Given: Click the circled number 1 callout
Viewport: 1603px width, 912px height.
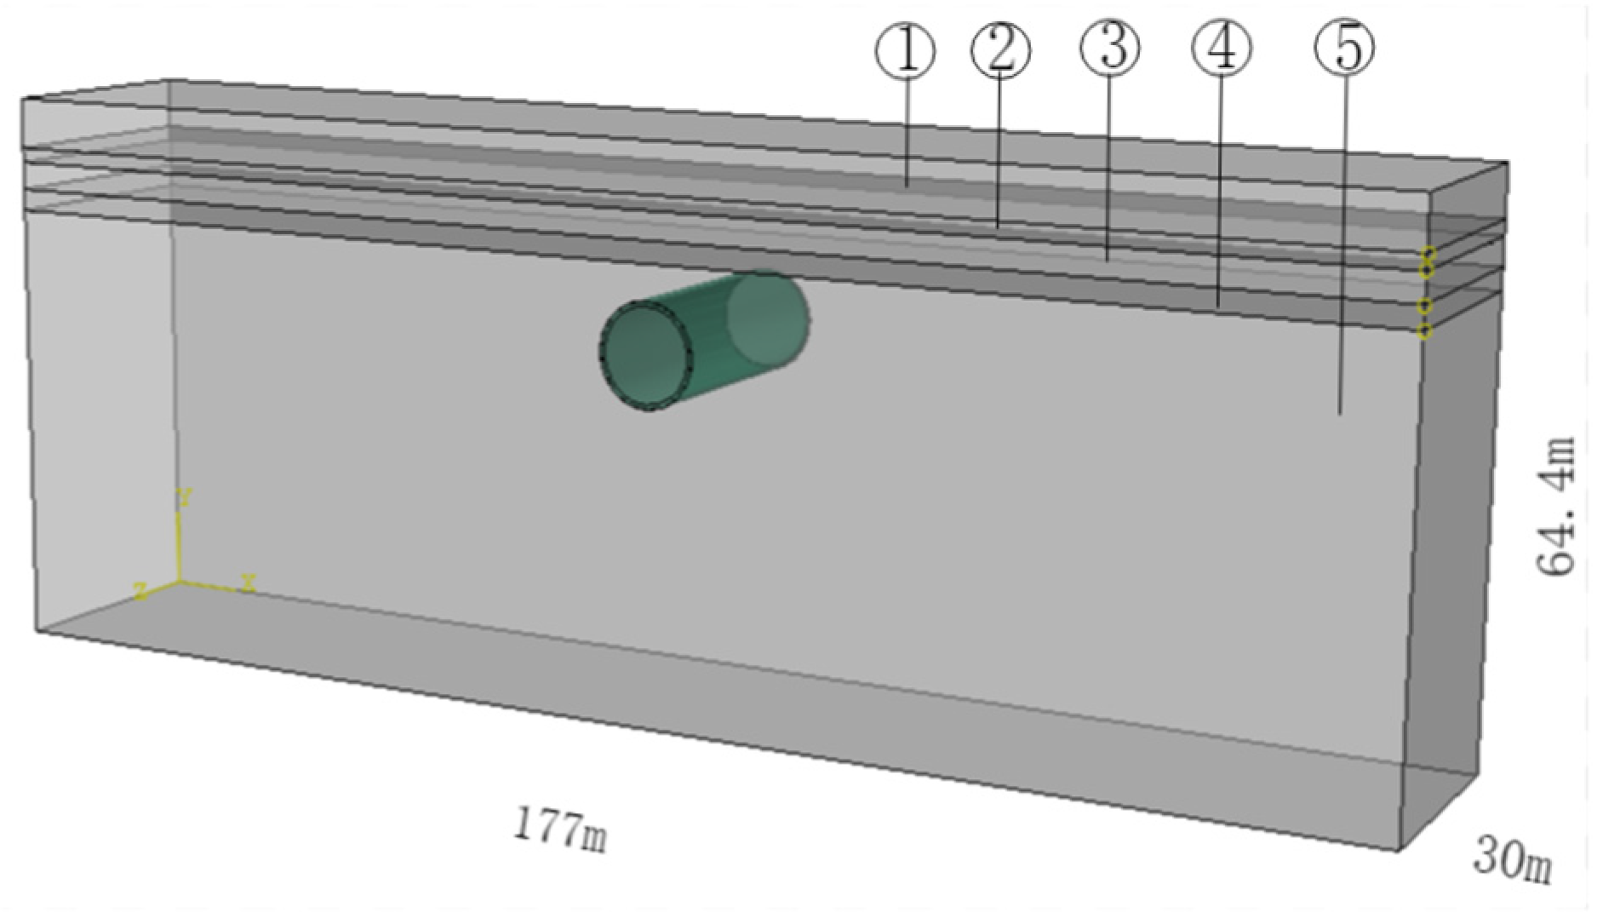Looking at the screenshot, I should coord(906,51).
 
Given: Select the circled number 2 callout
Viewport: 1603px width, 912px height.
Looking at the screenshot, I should coord(1001,49).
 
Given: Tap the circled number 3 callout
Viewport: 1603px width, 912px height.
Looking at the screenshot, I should coord(1111,47).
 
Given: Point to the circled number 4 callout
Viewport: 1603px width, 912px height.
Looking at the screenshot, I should coord(1222,48).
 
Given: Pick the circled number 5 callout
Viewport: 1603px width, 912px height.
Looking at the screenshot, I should coord(1344,49).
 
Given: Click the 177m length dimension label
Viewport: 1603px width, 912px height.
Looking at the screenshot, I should coord(560,829).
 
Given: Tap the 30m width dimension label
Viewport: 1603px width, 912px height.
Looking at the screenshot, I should coord(1513,859).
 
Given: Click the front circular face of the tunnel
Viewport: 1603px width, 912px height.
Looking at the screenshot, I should coord(646,356).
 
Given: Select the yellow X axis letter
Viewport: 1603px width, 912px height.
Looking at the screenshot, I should coord(248,583).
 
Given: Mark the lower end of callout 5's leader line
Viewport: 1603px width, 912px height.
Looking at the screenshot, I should coord(1341,415).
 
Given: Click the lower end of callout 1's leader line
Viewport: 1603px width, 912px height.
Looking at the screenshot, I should coord(907,186).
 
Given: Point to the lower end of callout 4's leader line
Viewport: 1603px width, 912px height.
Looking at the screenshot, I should coord(1218,306).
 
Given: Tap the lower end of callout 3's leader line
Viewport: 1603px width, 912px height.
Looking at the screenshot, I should coord(1107,260).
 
